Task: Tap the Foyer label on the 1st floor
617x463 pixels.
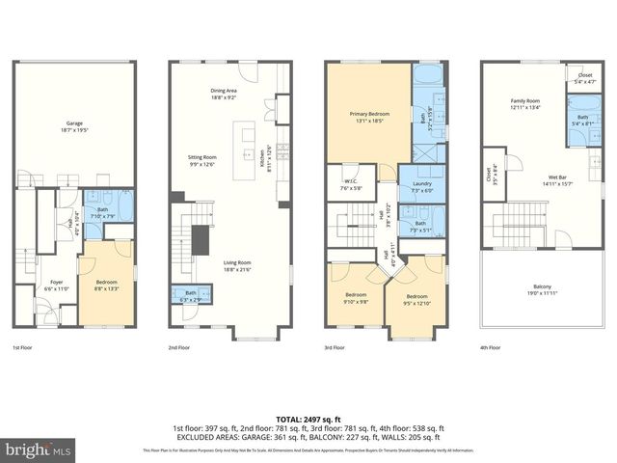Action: tap(57, 285)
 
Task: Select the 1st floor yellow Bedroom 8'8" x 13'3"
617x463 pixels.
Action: tap(106, 285)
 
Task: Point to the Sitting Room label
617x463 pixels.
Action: tap(202, 159)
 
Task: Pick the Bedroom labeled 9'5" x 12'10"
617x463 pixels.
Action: tap(416, 299)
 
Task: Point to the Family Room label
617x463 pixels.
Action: tap(525, 104)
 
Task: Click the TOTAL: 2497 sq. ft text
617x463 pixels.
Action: tap(308, 418)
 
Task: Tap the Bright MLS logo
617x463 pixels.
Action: tap(39, 449)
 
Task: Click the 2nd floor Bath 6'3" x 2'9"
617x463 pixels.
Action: tap(191, 295)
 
